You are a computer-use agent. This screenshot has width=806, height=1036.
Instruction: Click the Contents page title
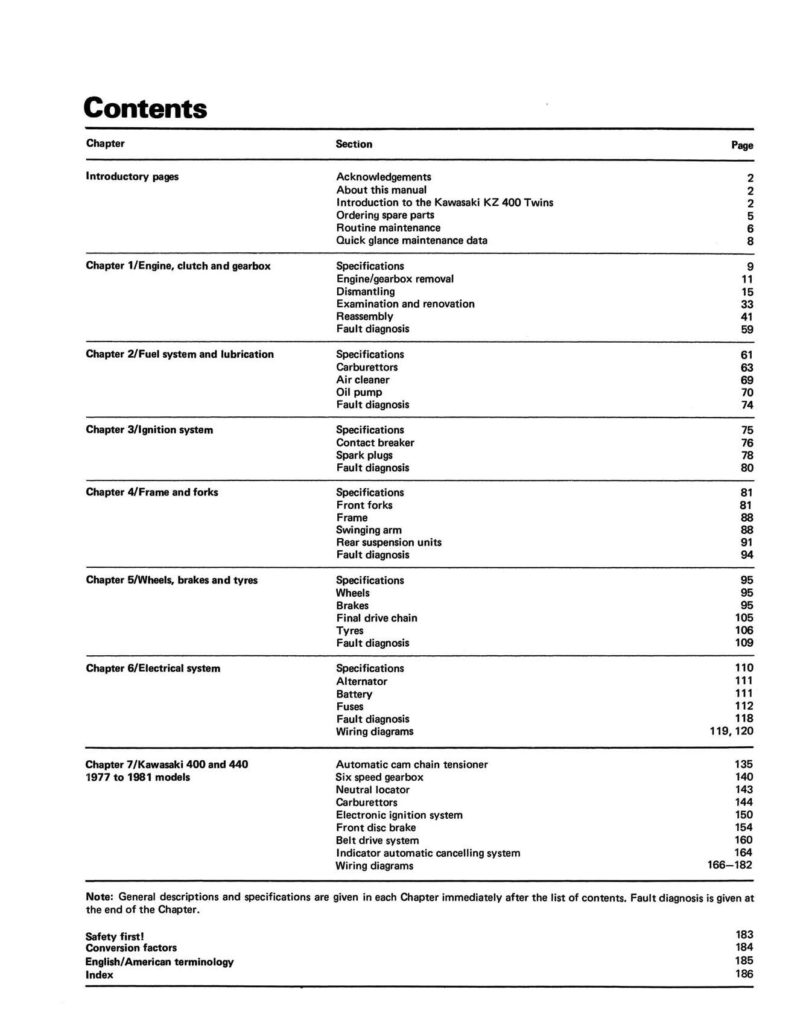tap(145, 109)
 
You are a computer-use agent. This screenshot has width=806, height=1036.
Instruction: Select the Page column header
tap(742, 145)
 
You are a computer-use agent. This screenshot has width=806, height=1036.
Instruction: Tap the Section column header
tap(354, 144)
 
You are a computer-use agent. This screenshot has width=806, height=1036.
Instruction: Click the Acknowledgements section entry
tap(384, 177)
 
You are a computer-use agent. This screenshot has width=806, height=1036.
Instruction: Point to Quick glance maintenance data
tap(411, 240)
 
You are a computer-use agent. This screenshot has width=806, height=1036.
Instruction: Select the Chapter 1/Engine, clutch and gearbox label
tap(178, 266)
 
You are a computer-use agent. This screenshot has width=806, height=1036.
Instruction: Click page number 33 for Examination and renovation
tap(747, 305)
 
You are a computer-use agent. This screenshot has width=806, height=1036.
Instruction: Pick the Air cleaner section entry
tap(363, 380)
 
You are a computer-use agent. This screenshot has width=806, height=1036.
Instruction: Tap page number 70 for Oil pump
tap(747, 393)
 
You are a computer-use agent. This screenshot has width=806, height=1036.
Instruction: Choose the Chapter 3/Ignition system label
tap(149, 430)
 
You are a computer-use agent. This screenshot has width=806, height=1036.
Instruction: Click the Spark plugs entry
tap(364, 456)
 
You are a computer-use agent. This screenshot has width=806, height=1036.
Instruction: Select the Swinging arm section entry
tap(369, 530)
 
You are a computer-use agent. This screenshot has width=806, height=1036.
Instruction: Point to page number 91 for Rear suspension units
tap(747, 542)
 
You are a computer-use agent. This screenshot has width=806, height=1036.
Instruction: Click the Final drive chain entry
tap(376, 618)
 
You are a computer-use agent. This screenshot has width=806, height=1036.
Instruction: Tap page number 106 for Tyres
tap(744, 631)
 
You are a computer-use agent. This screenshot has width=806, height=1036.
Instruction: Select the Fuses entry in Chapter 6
tap(350, 707)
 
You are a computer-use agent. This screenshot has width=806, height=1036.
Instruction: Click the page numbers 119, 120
tap(731, 731)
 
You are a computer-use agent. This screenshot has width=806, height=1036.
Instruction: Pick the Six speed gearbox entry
tap(379, 777)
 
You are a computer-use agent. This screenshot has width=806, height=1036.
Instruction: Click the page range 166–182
tap(730, 865)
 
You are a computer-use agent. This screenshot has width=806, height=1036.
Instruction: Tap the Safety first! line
tap(115, 936)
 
